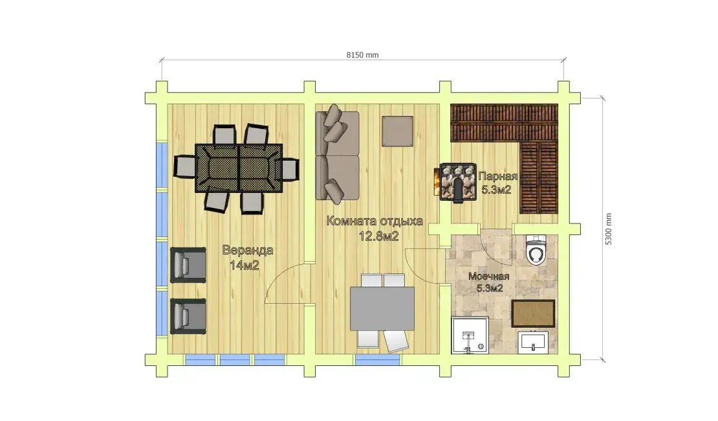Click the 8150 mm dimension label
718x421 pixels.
[x=362, y=55]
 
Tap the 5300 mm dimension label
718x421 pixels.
[x=608, y=229]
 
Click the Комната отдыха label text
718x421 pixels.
[x=375, y=221]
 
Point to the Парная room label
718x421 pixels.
[x=497, y=177]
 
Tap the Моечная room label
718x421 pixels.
[x=488, y=277]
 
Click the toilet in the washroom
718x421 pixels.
[x=536, y=251]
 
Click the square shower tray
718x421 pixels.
[x=470, y=336]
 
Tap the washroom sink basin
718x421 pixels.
[x=533, y=342]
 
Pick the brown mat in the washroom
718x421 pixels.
[x=533, y=313]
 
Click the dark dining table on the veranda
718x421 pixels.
[x=239, y=168]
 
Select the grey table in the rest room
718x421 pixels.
[x=382, y=309]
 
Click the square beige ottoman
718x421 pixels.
[x=397, y=131]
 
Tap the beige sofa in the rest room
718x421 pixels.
[x=337, y=155]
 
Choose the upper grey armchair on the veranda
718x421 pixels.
[x=188, y=265]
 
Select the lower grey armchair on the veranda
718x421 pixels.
[x=188, y=317]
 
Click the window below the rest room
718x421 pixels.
[x=377, y=360]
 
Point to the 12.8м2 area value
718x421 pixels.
[x=378, y=236]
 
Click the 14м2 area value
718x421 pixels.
[x=245, y=265]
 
